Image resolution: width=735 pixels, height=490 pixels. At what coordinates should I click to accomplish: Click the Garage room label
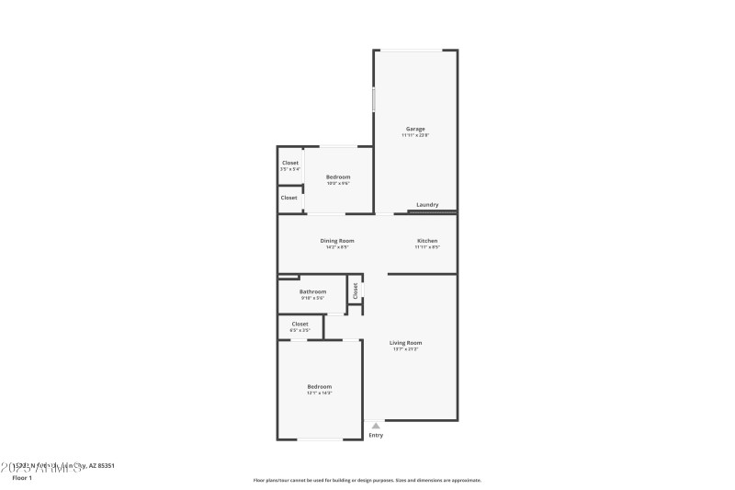pyautogui.click(x=415, y=129)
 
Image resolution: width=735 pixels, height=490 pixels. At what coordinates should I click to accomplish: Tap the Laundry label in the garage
pyautogui.click(x=427, y=205)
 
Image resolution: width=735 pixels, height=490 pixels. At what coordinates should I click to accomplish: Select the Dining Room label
pyautogui.click(x=337, y=241)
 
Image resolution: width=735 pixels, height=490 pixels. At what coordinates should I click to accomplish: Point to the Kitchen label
pyautogui.click(x=427, y=241)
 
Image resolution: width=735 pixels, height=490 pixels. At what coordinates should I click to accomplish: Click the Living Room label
pyautogui.click(x=405, y=343)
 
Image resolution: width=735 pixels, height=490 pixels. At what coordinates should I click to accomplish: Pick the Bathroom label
pyautogui.click(x=312, y=291)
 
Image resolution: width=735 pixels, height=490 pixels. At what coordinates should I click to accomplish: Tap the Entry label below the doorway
pyautogui.click(x=376, y=435)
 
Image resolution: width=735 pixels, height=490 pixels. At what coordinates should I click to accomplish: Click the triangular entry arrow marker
pyautogui.click(x=376, y=425)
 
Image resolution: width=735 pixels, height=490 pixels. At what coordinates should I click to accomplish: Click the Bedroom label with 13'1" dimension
pyautogui.click(x=319, y=387)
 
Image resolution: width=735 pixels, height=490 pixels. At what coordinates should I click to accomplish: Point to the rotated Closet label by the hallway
pyautogui.click(x=355, y=291)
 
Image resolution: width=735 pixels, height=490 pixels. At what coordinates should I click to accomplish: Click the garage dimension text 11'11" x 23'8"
pyautogui.click(x=415, y=135)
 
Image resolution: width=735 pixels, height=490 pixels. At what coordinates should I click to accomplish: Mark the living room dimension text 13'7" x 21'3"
pyautogui.click(x=405, y=349)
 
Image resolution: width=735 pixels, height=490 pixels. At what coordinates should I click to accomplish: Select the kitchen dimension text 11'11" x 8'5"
pyautogui.click(x=427, y=247)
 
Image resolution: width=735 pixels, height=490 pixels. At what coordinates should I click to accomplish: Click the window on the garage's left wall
pyautogui.click(x=373, y=99)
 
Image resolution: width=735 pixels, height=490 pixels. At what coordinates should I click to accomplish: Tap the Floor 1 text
pyautogui.click(x=21, y=478)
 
